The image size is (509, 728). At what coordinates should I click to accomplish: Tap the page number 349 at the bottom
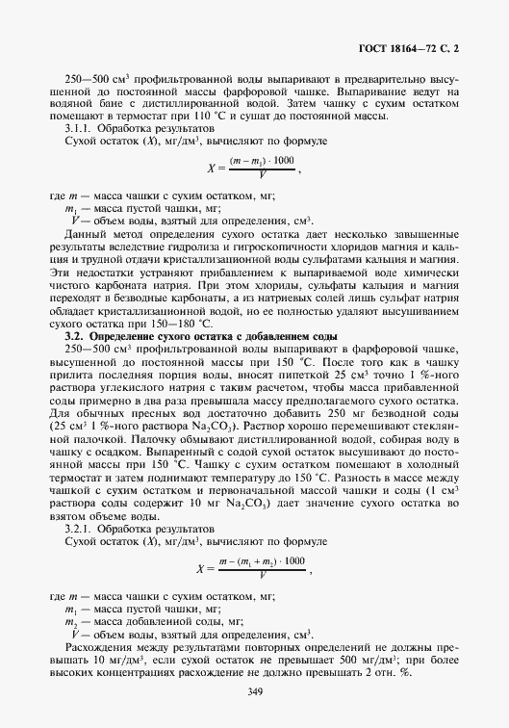[255, 691]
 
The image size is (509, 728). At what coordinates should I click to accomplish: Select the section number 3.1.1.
[81, 129]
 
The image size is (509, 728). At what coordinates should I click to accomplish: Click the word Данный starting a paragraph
[83, 233]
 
